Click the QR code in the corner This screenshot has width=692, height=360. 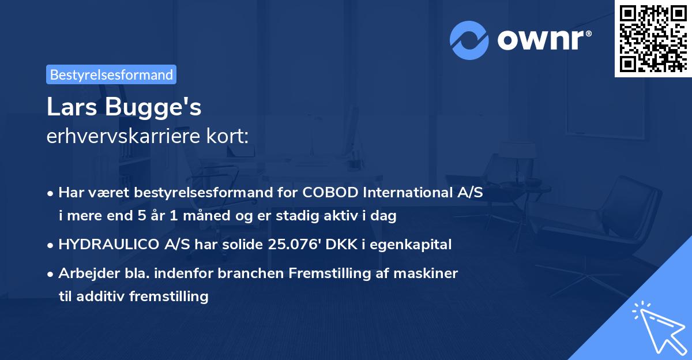(653, 38)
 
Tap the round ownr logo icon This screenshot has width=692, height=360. (469, 40)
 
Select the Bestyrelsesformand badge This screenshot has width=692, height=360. (111, 74)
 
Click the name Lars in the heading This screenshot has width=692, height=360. (70, 108)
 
